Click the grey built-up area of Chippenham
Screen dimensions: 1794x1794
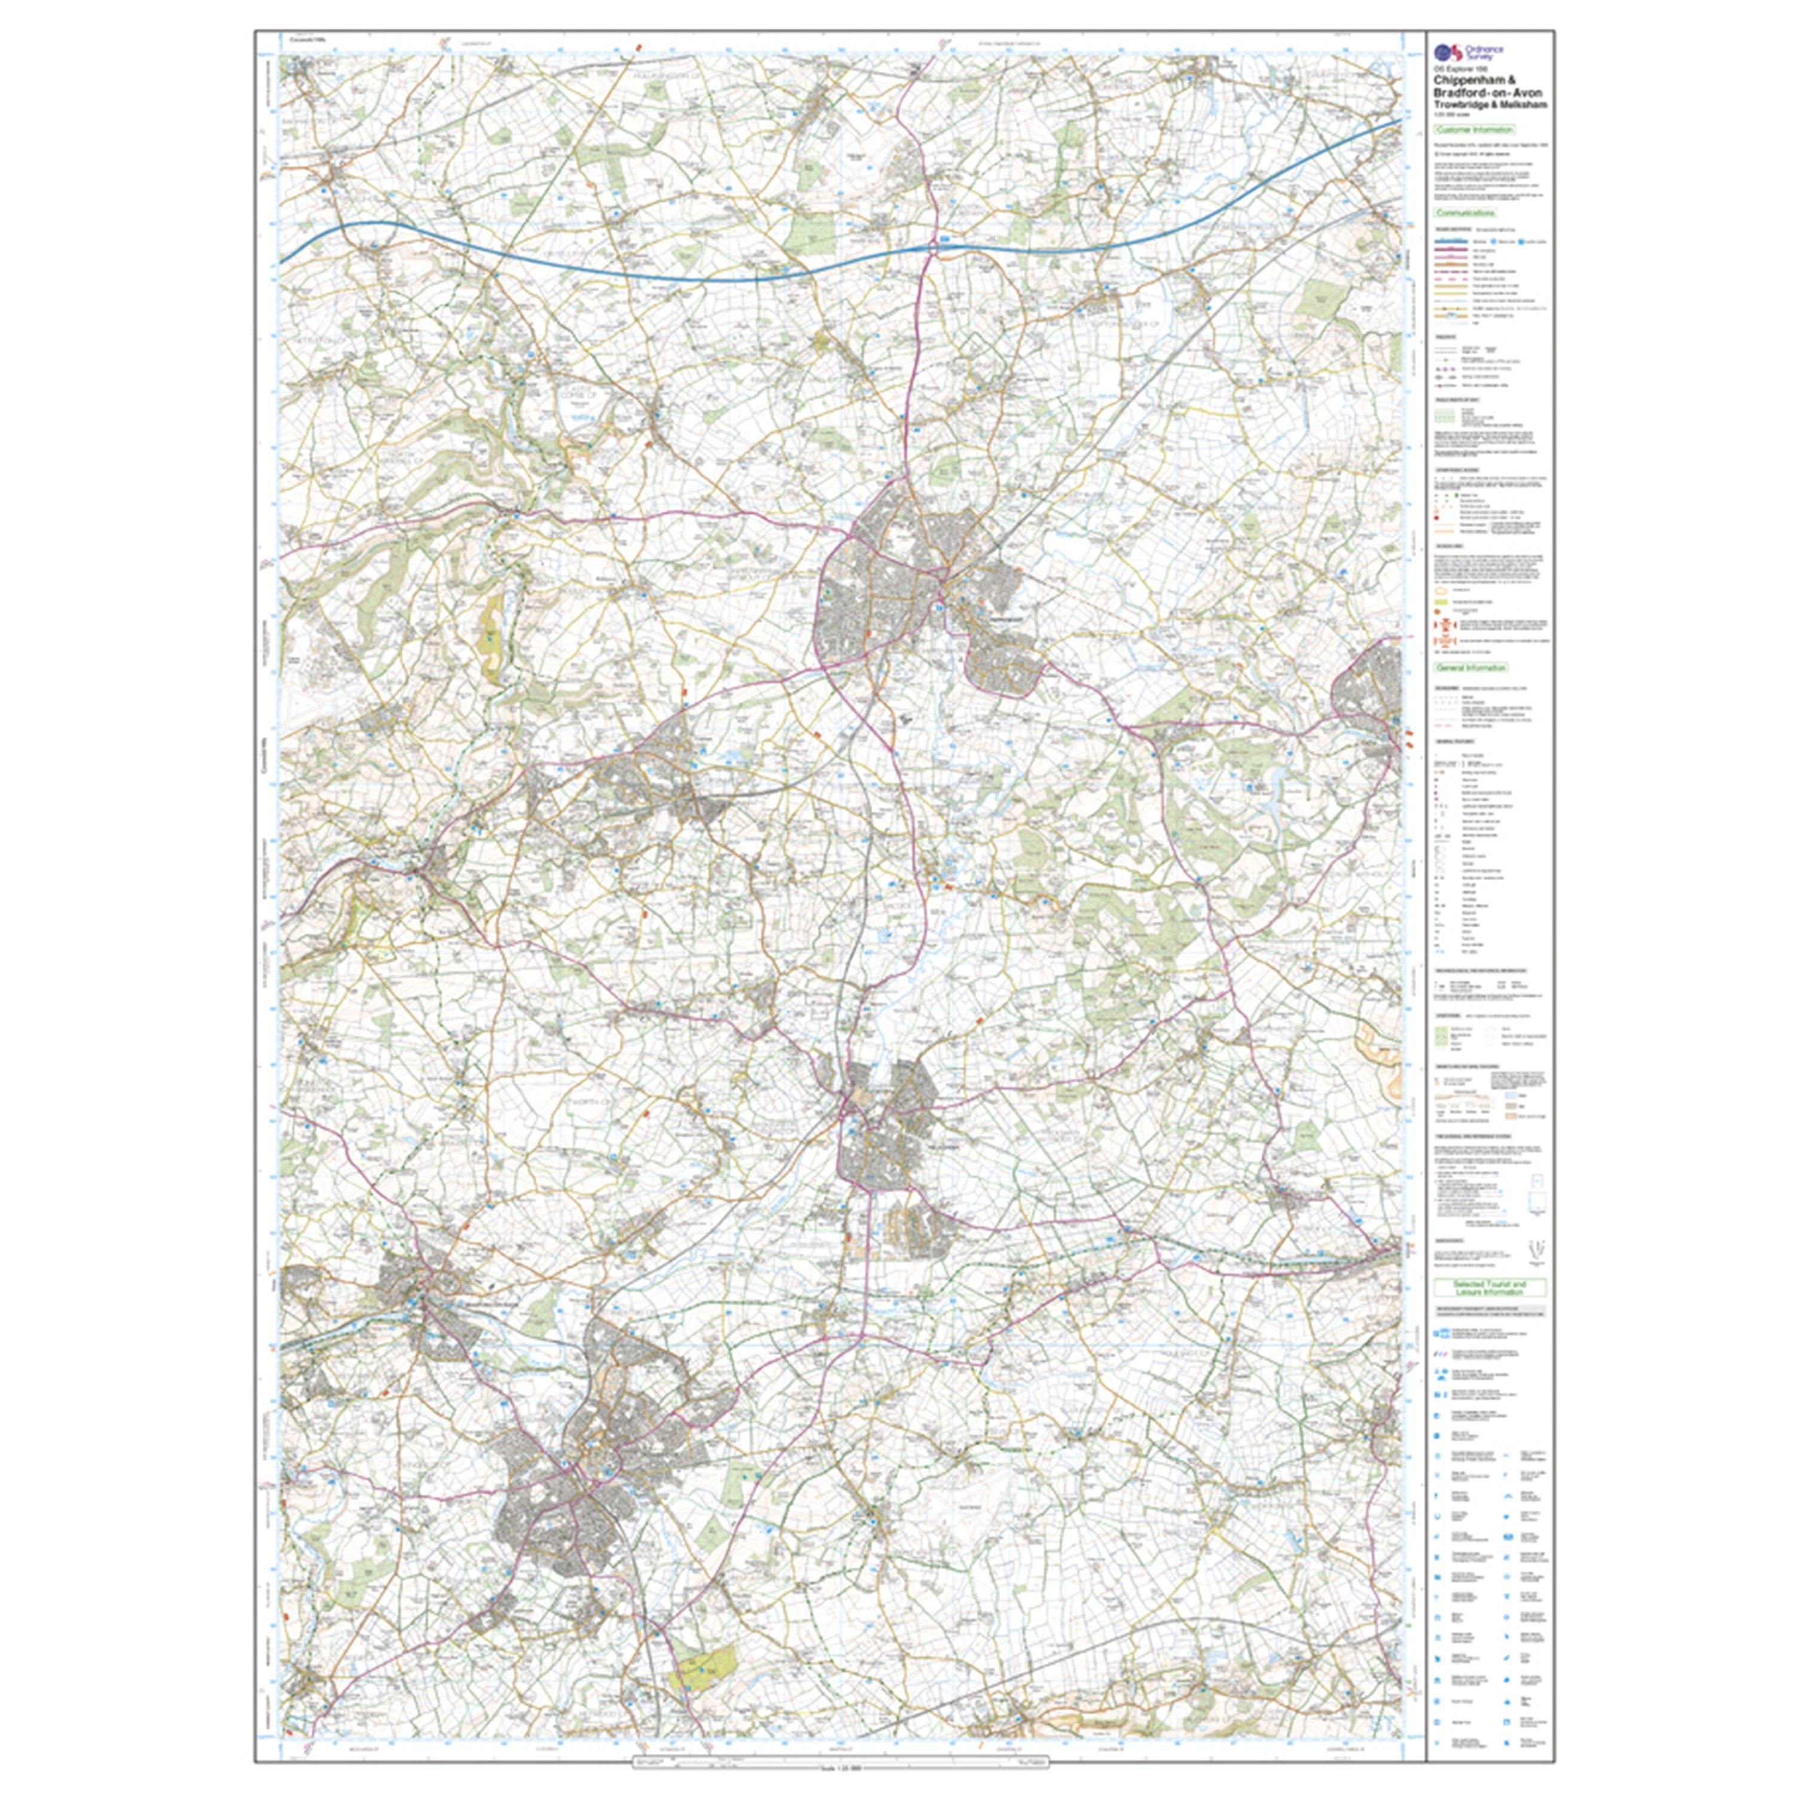point(873,594)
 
